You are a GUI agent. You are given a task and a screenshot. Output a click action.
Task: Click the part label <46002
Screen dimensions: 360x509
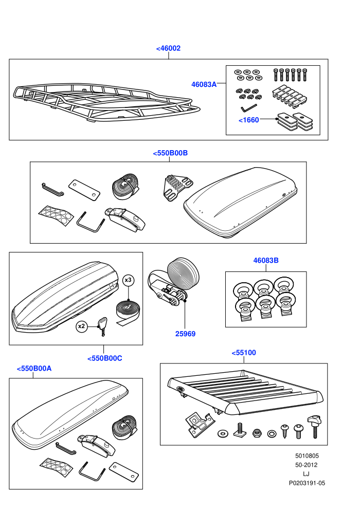click(168, 48)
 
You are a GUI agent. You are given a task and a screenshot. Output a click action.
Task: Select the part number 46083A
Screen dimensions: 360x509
click(204, 84)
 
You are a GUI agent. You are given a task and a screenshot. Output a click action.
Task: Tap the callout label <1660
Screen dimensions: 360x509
click(248, 120)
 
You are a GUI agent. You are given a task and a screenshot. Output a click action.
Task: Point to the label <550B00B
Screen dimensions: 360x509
click(170, 153)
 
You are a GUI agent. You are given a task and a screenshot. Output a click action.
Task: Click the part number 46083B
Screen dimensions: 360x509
click(266, 260)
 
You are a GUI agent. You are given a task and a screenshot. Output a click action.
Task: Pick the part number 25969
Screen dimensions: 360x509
click(185, 334)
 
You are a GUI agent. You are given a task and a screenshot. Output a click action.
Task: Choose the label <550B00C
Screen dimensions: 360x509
click(105, 358)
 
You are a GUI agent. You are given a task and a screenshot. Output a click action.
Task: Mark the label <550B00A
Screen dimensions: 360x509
click(34, 369)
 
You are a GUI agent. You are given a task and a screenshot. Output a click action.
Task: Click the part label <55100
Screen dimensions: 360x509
click(244, 353)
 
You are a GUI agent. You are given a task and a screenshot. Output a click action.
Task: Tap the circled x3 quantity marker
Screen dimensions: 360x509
click(128, 280)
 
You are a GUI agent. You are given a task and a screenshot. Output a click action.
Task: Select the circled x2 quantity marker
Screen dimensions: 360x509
click(81, 326)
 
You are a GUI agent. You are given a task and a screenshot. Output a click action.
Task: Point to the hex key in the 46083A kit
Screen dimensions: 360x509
click(248, 107)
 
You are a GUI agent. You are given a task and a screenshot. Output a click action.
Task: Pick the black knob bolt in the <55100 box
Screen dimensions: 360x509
click(314, 426)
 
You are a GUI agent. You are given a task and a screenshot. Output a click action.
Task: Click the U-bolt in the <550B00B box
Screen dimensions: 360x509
click(91, 222)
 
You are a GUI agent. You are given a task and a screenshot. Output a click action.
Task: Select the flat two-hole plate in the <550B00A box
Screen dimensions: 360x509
click(124, 472)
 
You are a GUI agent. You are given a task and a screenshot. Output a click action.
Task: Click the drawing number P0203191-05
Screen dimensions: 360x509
click(307, 483)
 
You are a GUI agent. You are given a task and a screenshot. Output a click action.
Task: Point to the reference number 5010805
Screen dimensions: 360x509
click(307, 456)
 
